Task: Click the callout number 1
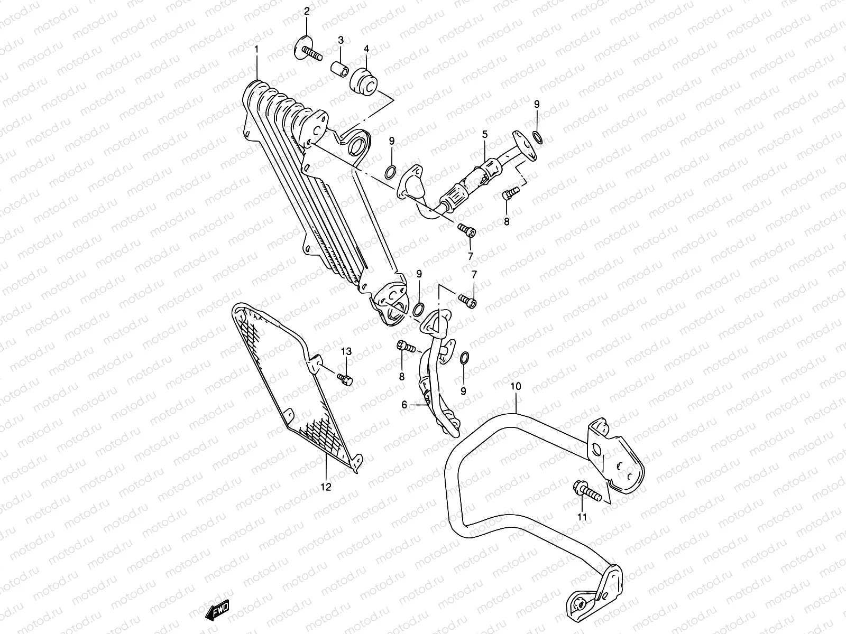click(x=256, y=50)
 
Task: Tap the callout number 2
click(x=306, y=12)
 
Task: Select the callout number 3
click(x=341, y=40)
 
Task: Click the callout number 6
click(x=404, y=405)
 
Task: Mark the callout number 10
click(x=516, y=387)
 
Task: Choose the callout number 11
click(x=582, y=517)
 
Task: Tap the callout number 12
click(x=326, y=487)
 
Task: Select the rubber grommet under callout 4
click(x=365, y=83)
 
